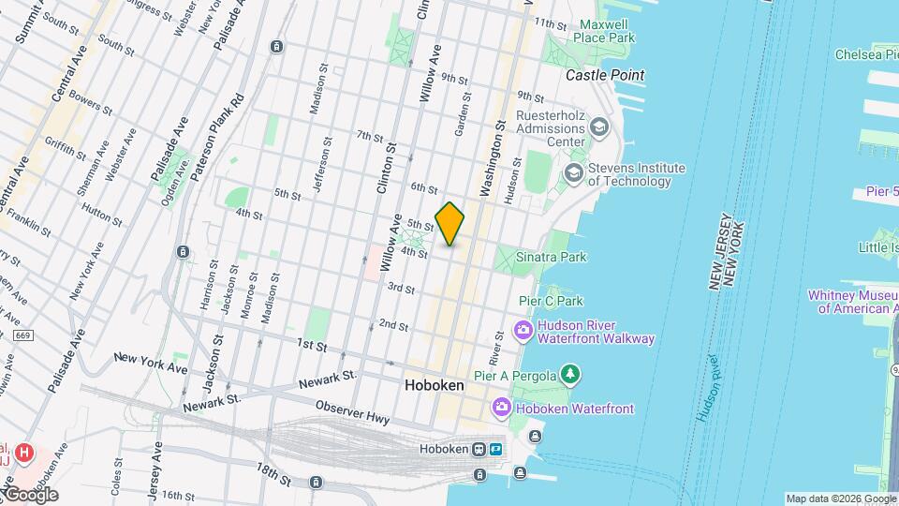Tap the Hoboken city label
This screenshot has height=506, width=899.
[x=435, y=385]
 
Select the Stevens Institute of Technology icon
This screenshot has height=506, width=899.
[x=573, y=174]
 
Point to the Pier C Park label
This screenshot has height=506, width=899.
[x=552, y=301]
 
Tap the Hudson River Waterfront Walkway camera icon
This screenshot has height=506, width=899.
[x=523, y=331]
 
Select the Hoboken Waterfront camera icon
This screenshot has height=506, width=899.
[x=502, y=408]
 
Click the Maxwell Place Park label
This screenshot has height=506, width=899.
[x=607, y=31]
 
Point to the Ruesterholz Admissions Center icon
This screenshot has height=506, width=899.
[x=599, y=126]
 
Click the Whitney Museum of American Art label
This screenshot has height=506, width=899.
[x=856, y=301]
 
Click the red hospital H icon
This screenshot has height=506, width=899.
[x=25, y=453]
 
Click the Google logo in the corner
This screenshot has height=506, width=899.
[x=30, y=494]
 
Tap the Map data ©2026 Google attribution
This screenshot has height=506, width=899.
[x=840, y=499]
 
